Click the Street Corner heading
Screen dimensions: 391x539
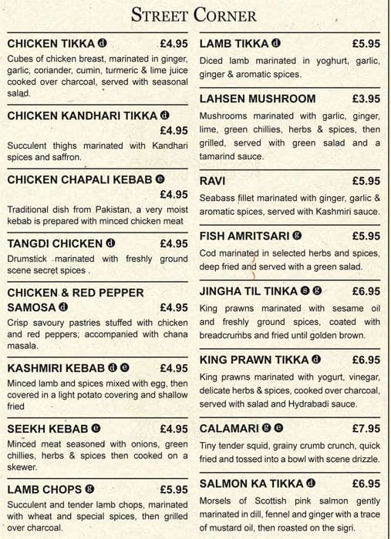[x=194, y=15]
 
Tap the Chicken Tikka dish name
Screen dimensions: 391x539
[x=51, y=43]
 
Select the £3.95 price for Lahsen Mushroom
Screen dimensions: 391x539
[x=366, y=99]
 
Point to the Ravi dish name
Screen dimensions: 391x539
[x=212, y=180]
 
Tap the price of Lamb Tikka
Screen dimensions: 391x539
[x=366, y=43]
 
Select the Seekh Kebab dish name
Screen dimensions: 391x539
[x=47, y=428]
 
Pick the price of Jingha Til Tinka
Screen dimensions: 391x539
[x=366, y=291]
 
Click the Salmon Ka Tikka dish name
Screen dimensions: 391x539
[x=250, y=484]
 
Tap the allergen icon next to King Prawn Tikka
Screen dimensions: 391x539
[x=316, y=360]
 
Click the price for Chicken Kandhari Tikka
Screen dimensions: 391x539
[x=174, y=131]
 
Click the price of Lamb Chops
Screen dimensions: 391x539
[x=174, y=489]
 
